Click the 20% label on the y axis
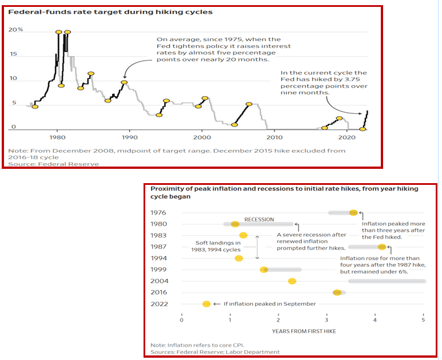click(x=15, y=29)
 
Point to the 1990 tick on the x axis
click(x=129, y=137)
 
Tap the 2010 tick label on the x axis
click(x=274, y=137)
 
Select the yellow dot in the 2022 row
click(x=206, y=304)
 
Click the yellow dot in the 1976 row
click(x=353, y=212)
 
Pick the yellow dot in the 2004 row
click(x=292, y=281)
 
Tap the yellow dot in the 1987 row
click(x=382, y=247)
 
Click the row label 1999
click(x=158, y=270)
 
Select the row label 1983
click(x=158, y=235)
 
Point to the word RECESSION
click(x=259, y=219)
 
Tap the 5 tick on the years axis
click(x=424, y=319)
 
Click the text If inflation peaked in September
click(x=269, y=304)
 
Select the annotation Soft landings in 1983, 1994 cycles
click(x=218, y=246)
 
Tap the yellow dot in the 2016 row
click(x=337, y=292)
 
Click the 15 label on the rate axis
click(x=14, y=54)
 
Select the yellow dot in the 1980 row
click(x=235, y=224)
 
